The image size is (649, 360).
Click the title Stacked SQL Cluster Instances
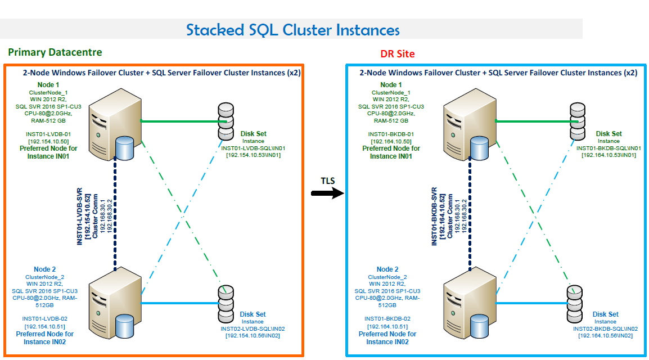point(293,30)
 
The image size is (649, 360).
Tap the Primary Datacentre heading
point(55,52)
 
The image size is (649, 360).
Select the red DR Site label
point(398,54)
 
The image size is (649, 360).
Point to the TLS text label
point(328,181)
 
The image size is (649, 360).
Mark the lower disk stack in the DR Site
point(574,303)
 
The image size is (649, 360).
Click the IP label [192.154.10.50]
point(48,142)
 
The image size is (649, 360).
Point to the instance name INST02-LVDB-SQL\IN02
point(253,328)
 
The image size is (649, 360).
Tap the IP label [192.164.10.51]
point(387,326)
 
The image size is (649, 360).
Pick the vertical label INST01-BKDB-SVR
point(434,217)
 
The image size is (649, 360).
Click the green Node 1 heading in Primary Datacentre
point(47,84)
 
